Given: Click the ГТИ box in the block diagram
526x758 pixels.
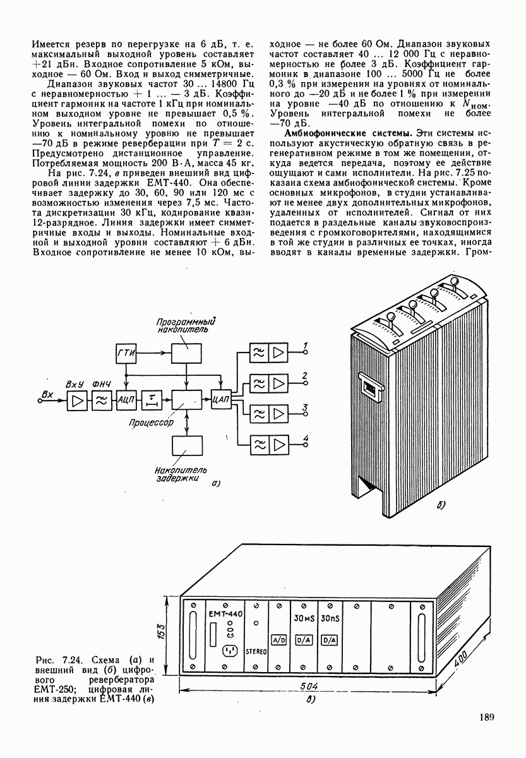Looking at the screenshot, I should (126, 354).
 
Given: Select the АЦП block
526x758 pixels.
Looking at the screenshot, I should (126, 399).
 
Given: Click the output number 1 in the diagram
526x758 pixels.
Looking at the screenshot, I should (305, 345).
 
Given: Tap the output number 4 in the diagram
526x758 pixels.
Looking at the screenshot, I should (306, 438).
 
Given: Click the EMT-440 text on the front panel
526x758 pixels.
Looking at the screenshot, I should (225, 615).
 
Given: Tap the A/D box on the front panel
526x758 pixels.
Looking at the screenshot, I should (279, 639).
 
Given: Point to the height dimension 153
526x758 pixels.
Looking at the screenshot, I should (162, 632).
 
